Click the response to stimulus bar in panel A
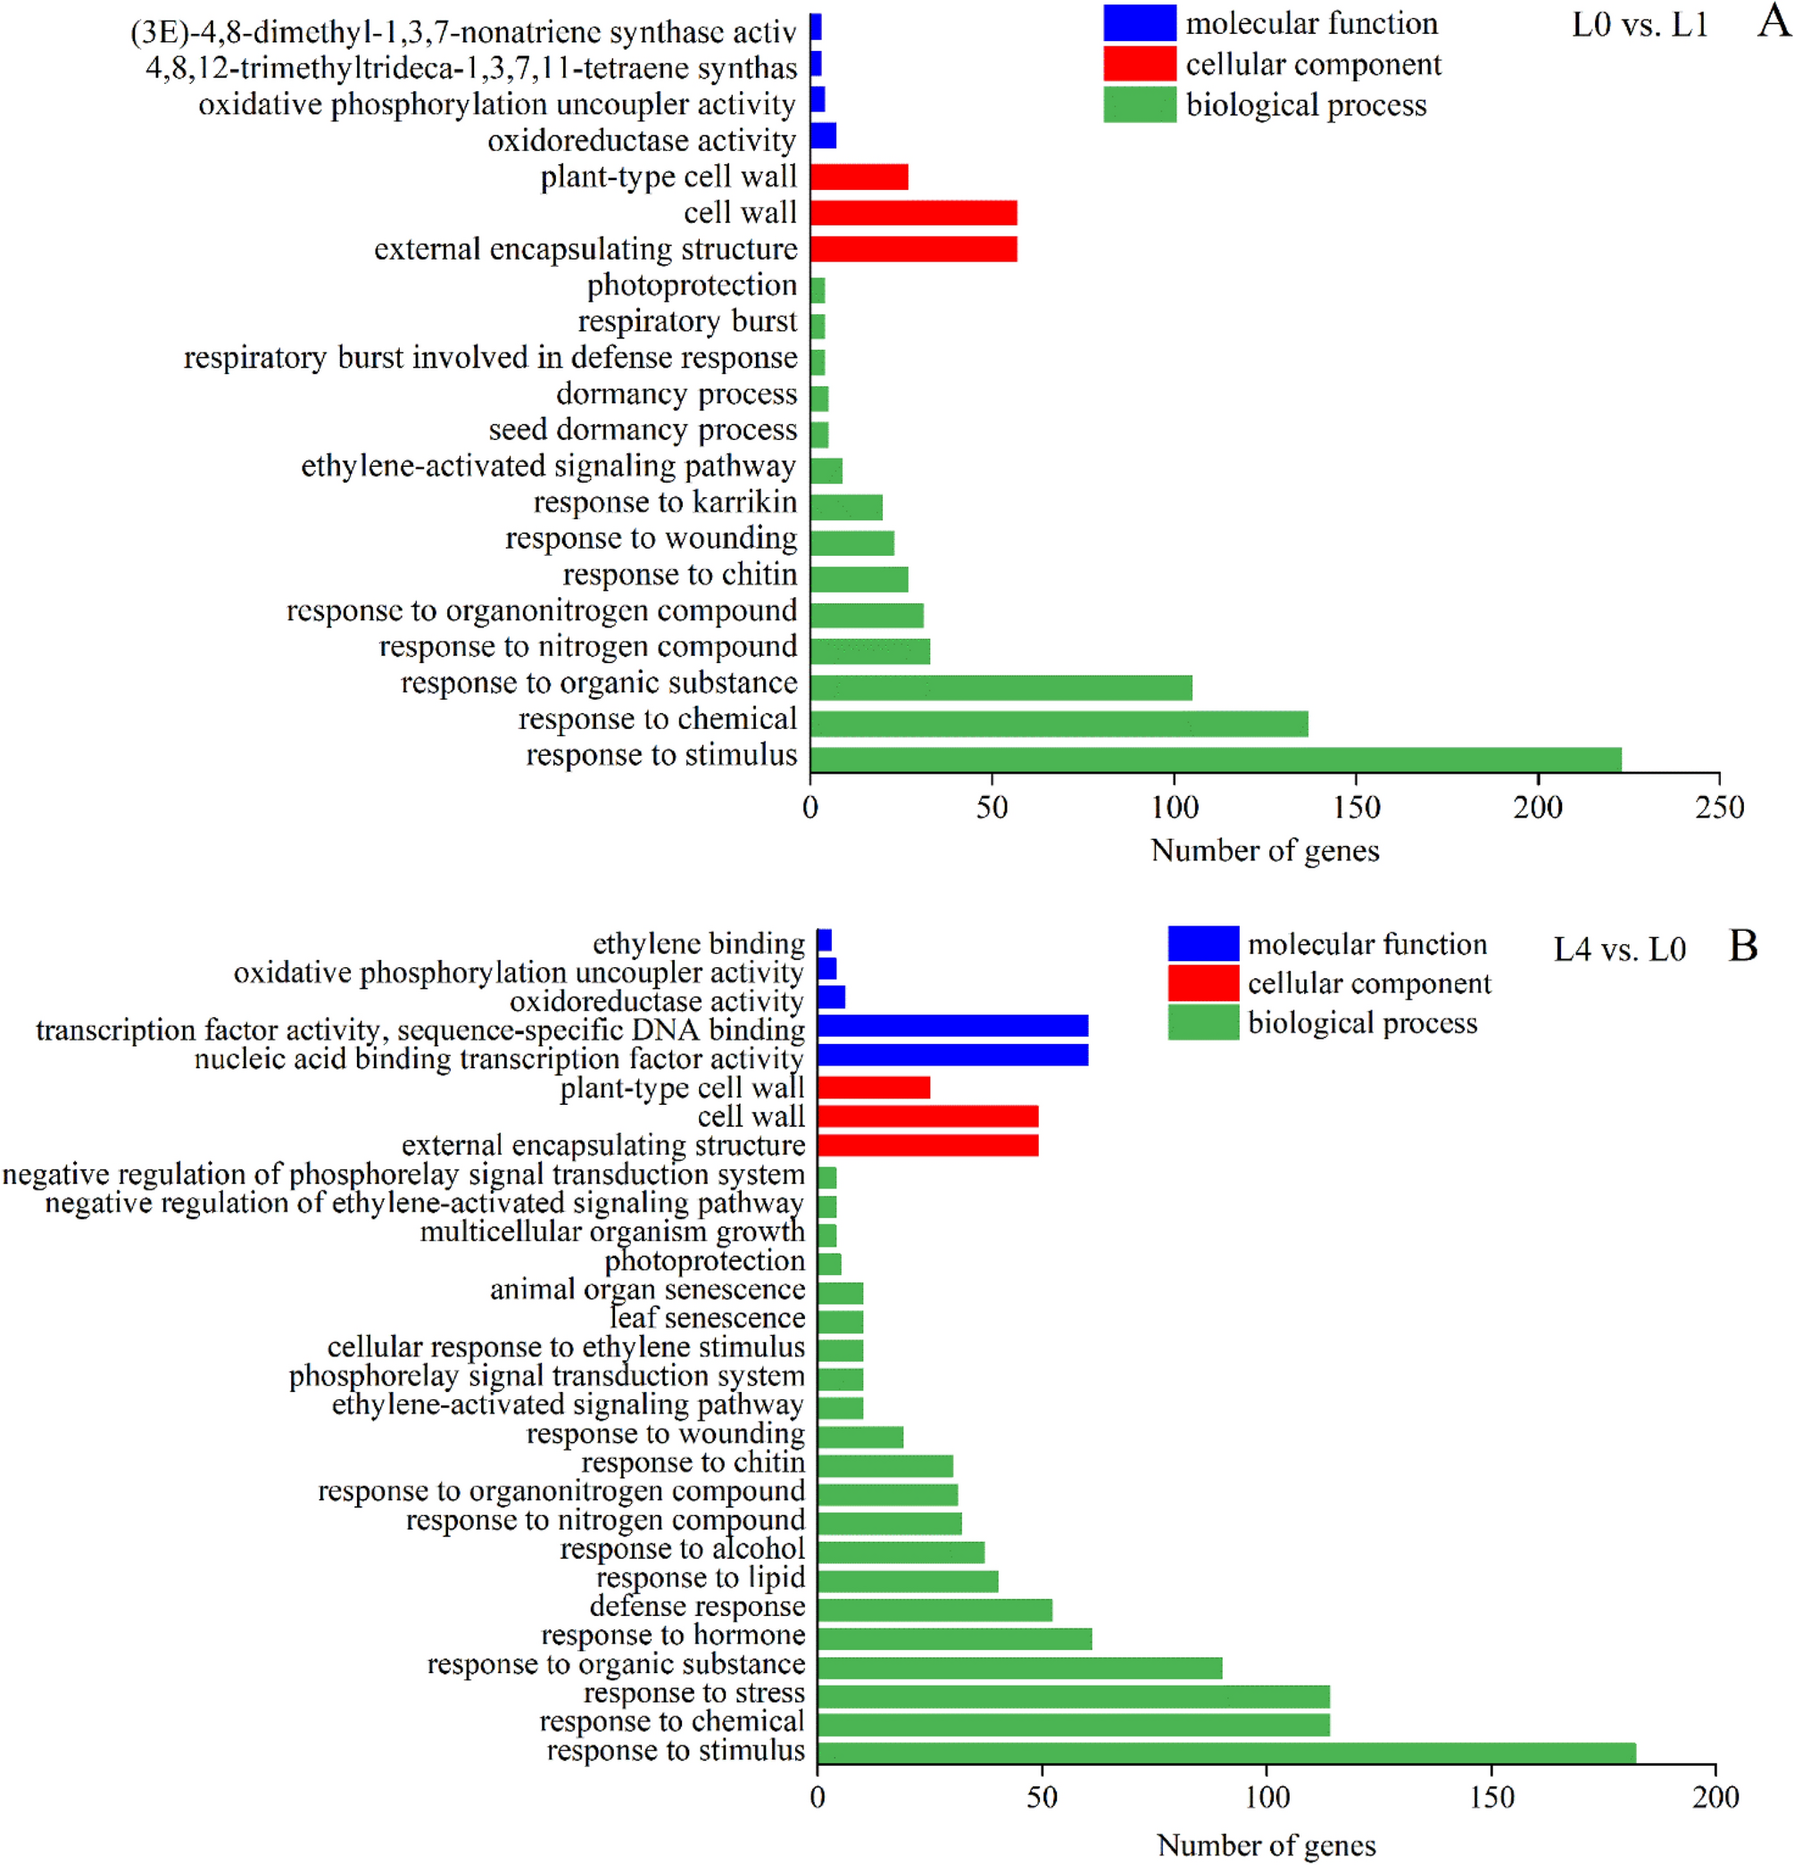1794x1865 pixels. [x=1216, y=759]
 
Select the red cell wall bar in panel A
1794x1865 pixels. [x=914, y=212]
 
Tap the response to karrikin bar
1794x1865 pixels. [x=846, y=507]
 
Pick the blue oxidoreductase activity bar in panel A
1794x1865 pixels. [x=823, y=136]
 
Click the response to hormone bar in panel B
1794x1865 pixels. [x=953, y=1638]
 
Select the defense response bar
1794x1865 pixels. [x=934, y=1610]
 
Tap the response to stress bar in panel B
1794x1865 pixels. [x=1073, y=1696]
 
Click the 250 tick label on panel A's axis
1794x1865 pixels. [x=1719, y=808]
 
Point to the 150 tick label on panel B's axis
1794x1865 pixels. [x=1491, y=1797]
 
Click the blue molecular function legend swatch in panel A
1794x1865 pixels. [x=1139, y=23]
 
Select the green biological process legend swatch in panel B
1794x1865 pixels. [x=1203, y=1023]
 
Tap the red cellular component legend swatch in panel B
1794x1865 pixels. [x=1203, y=983]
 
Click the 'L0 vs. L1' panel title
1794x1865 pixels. [x=1639, y=25]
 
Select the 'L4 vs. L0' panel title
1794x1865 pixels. [x=1619, y=949]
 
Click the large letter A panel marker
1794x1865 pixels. [x=1773, y=21]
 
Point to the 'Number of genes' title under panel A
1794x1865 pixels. [x=1264, y=850]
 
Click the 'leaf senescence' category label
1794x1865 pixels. [x=707, y=1318]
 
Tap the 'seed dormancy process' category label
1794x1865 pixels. [x=643, y=429]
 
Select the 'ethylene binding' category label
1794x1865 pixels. [x=699, y=943]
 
